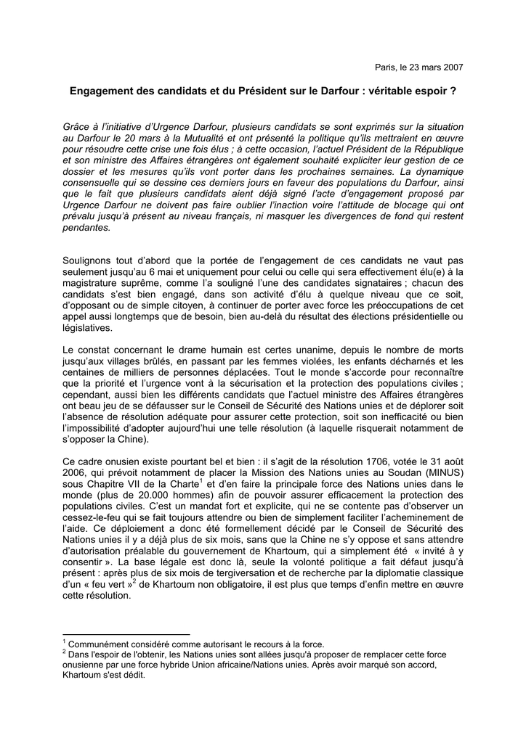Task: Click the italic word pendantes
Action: click(x=87, y=228)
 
